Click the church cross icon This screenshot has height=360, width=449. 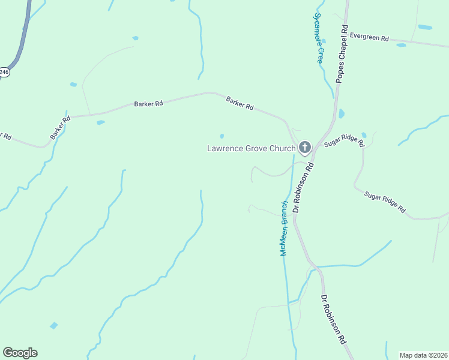click(x=305, y=148)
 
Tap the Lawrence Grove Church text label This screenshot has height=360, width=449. click(x=251, y=148)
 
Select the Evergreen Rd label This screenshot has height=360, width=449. click(x=369, y=37)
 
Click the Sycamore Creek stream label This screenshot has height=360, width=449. click(x=319, y=38)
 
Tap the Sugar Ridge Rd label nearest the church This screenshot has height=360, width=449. click(x=344, y=141)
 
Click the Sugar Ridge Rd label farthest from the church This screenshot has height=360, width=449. click(x=384, y=202)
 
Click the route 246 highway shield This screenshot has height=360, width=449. click(x=4, y=72)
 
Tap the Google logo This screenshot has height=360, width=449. click(x=20, y=353)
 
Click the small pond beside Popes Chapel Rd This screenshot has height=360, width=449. click(x=342, y=113)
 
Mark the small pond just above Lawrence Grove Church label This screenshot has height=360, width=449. click(x=222, y=136)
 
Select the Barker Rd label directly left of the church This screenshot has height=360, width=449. click(x=240, y=103)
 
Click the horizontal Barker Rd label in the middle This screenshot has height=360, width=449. click(x=149, y=104)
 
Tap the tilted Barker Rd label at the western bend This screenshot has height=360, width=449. click(x=61, y=128)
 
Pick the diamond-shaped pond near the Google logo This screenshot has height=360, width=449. click(x=54, y=325)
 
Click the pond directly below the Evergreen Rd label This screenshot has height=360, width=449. click(x=400, y=45)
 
